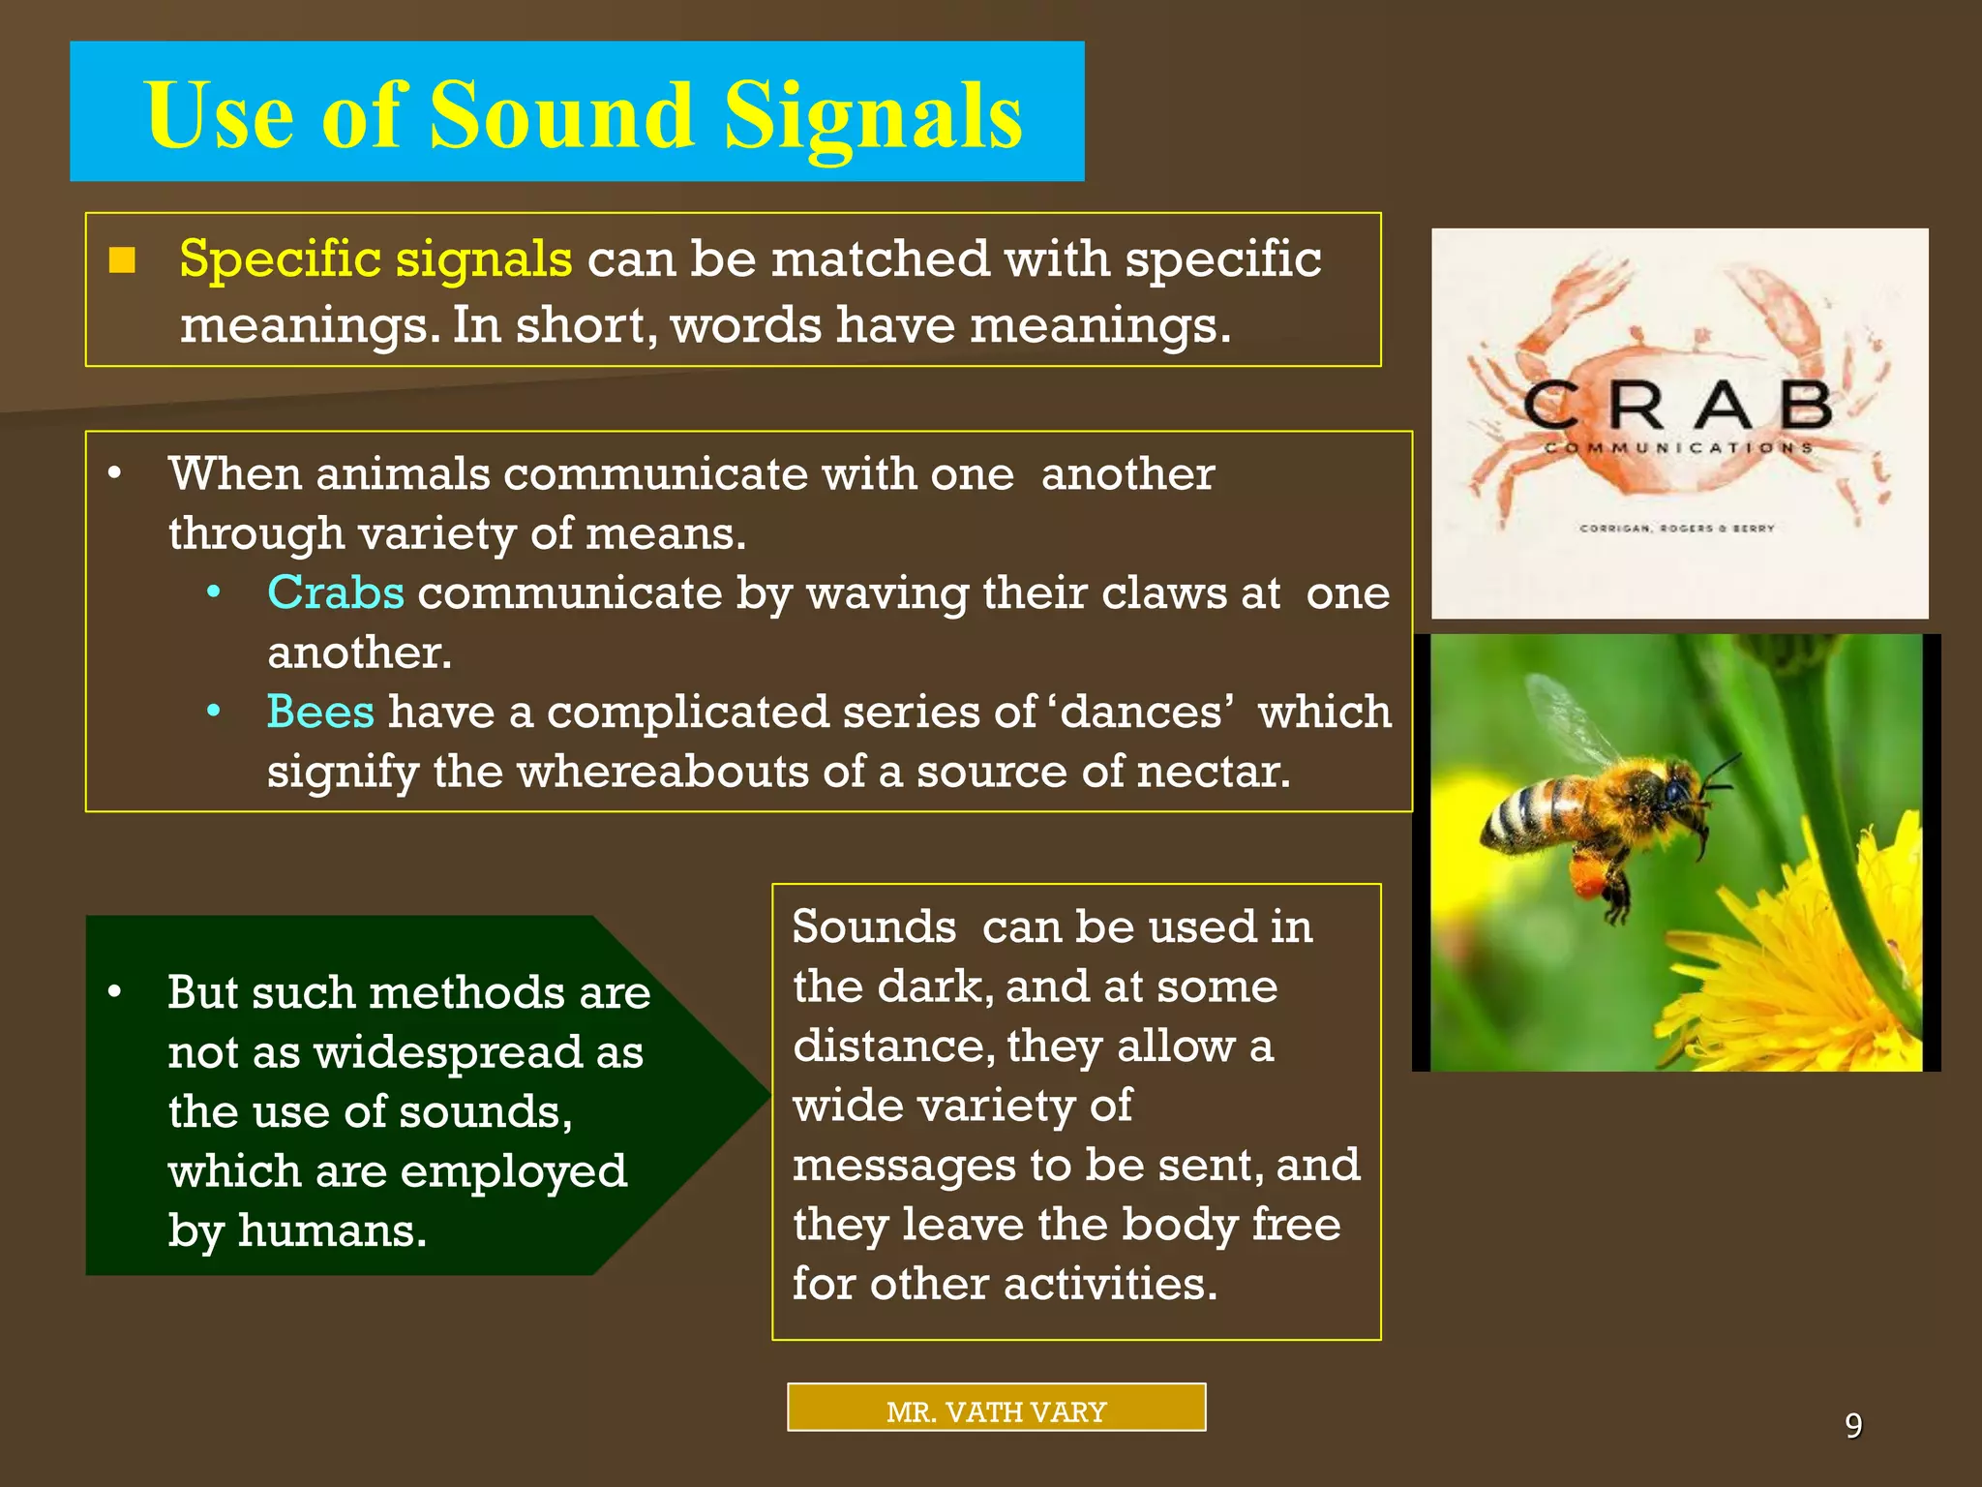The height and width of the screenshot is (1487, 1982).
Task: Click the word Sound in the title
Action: (561, 116)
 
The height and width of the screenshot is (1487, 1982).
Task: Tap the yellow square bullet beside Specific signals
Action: (122, 260)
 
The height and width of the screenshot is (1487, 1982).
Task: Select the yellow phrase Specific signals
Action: (375, 259)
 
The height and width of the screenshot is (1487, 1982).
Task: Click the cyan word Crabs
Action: (336, 592)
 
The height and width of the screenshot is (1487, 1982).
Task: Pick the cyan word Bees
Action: (320, 712)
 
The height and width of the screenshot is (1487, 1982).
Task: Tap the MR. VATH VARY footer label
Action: (996, 1411)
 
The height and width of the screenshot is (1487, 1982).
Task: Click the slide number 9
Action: (1852, 1425)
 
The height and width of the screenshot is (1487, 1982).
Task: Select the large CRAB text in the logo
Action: (1678, 406)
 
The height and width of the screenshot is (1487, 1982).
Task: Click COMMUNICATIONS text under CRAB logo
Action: (1678, 448)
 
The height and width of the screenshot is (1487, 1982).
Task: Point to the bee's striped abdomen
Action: (1529, 811)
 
